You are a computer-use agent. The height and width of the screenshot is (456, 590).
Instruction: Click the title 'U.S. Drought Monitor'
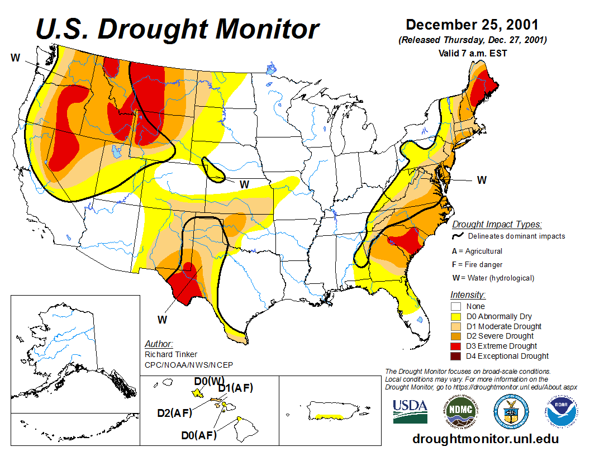point(178,29)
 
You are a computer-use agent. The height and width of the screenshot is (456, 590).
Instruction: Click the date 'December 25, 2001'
point(472,25)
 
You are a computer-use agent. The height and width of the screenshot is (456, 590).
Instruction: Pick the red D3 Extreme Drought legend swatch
point(455,346)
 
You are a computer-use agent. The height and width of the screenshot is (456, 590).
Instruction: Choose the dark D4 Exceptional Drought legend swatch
point(455,356)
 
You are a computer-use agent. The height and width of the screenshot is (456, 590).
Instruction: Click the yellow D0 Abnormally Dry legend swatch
point(455,316)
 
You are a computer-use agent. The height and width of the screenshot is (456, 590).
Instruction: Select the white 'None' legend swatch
point(455,306)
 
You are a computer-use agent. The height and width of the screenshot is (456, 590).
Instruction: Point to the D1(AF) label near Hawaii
point(235,388)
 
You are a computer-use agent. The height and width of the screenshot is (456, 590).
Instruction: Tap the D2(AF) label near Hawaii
point(174,414)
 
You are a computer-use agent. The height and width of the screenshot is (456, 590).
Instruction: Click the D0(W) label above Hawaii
point(209,381)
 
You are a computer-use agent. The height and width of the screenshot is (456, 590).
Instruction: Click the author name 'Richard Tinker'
point(171,354)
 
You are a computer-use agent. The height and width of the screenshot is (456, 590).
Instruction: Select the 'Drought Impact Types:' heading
point(497,224)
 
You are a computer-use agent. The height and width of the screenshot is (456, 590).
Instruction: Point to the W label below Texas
point(162,320)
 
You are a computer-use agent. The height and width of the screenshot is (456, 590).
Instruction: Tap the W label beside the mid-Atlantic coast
point(482,179)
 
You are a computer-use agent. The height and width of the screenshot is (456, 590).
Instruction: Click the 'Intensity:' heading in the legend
point(468,294)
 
